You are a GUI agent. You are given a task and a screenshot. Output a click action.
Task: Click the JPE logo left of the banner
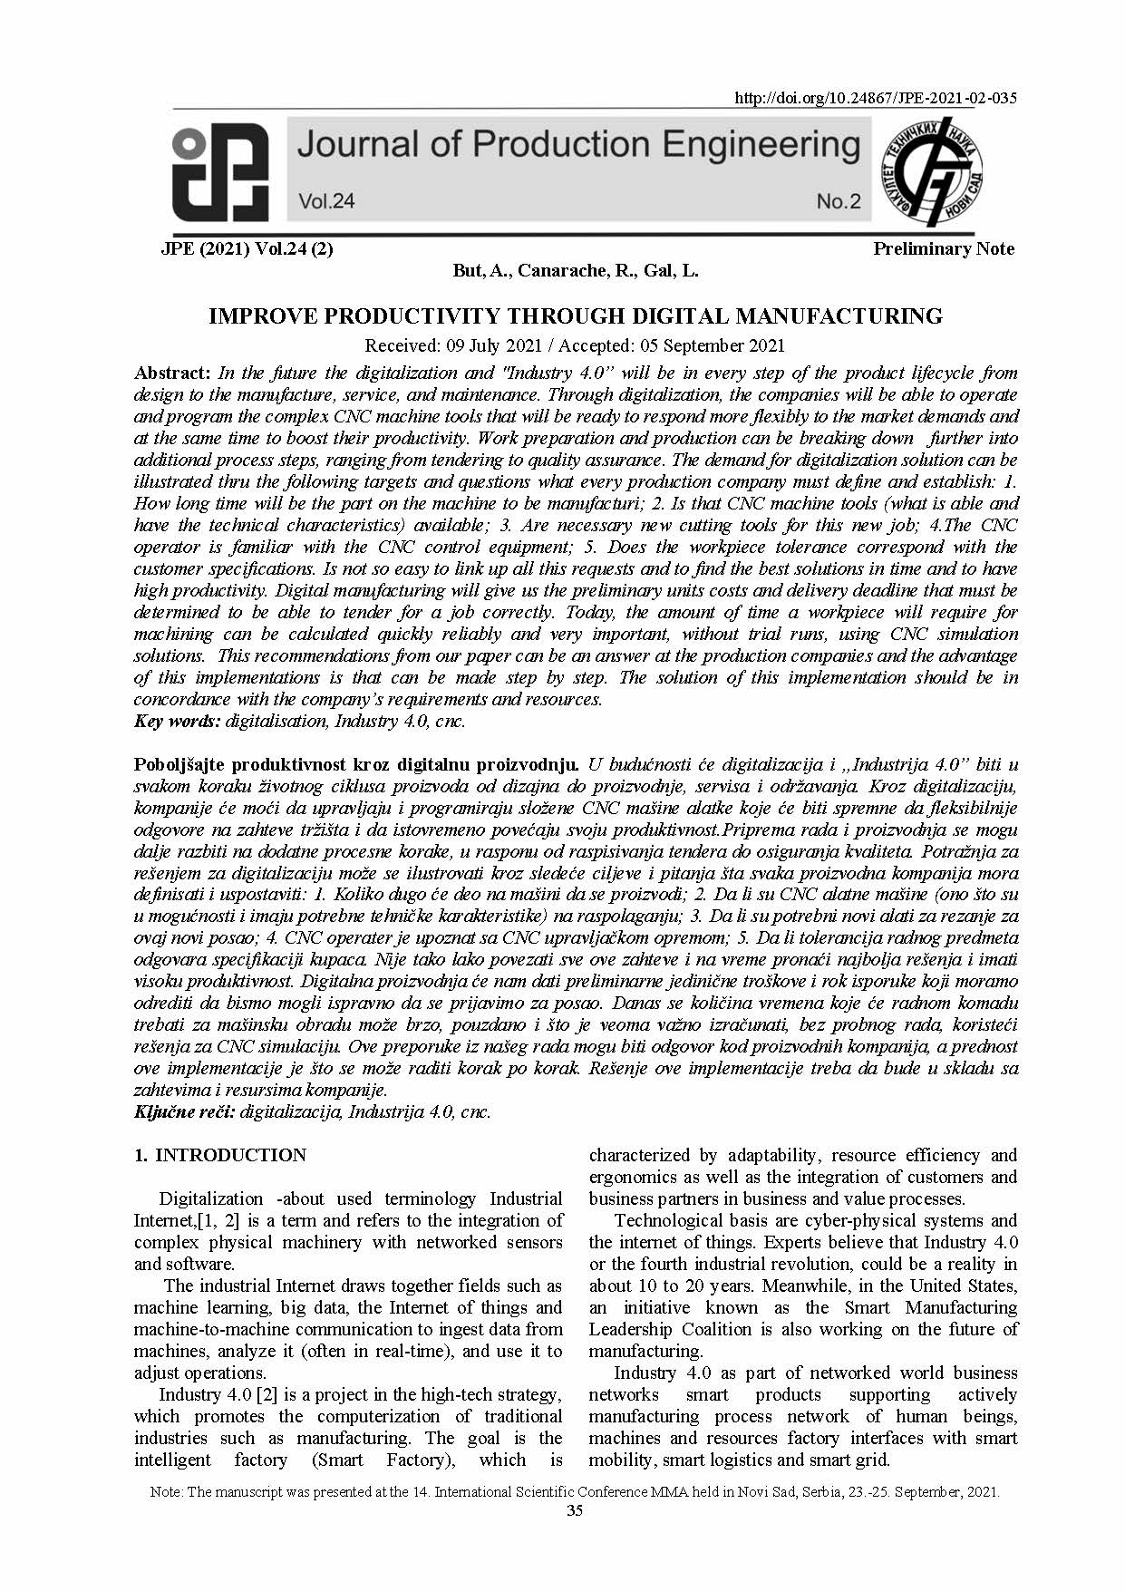pos(220,173)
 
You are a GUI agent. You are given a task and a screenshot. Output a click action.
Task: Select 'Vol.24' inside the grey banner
pos(326,201)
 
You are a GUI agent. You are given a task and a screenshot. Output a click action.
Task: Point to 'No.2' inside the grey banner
pos(838,201)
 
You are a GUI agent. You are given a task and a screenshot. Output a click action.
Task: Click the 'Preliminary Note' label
pos(943,248)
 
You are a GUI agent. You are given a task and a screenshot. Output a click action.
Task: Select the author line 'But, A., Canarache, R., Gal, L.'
pos(576,270)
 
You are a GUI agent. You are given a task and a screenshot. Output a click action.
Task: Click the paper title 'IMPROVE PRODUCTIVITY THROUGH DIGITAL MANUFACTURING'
pos(576,315)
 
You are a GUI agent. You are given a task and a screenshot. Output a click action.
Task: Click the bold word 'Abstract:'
pos(172,373)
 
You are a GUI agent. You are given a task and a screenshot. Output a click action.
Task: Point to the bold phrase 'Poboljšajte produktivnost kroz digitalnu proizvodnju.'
pos(356,764)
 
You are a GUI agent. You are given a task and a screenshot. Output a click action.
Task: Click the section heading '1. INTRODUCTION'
pos(220,1155)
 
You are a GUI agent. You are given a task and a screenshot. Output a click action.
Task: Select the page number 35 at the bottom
pos(575,1510)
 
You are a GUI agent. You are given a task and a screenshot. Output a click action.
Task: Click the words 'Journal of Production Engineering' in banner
pos(578,145)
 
